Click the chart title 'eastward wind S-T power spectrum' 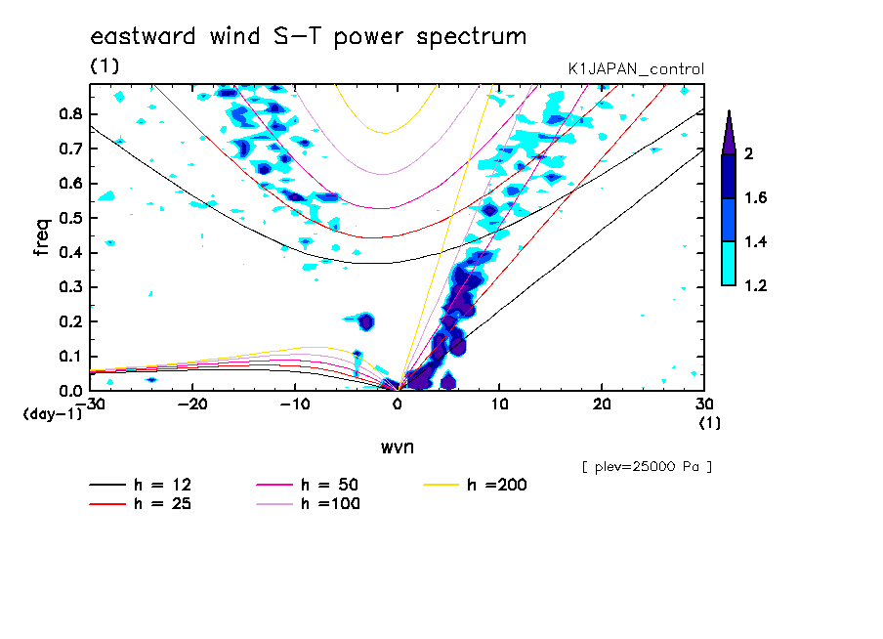309,37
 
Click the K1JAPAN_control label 636,69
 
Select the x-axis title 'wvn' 397,447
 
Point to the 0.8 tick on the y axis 69,113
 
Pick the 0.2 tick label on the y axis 69,321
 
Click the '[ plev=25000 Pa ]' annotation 647,467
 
